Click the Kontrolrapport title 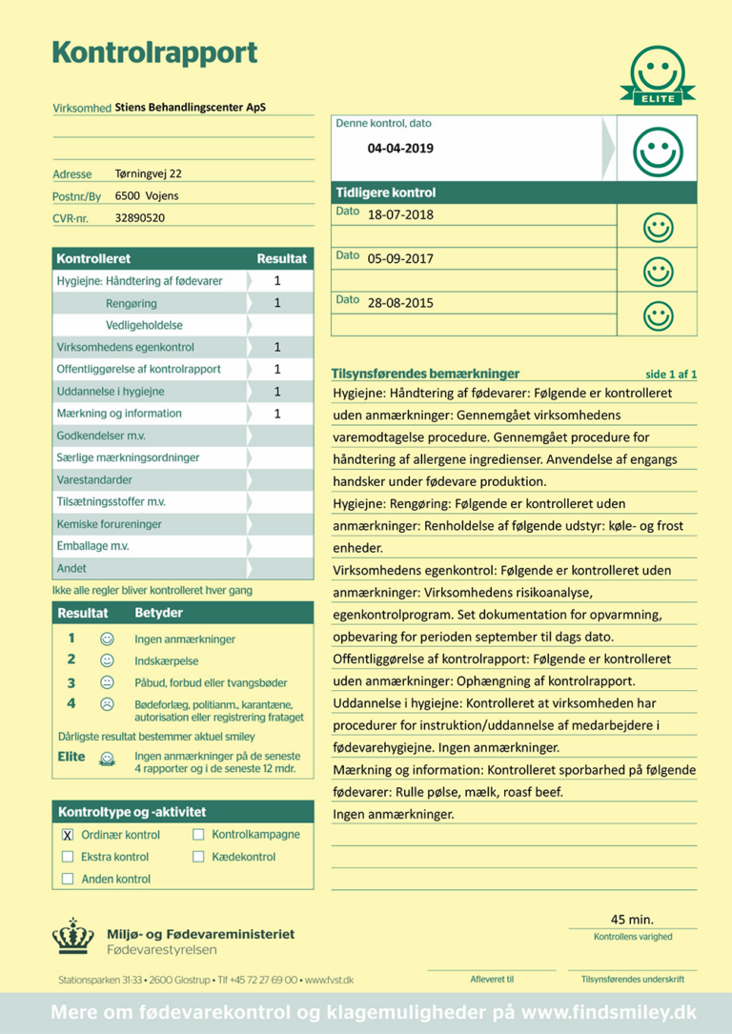(153, 52)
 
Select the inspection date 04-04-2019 (400, 148)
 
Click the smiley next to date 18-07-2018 (658, 227)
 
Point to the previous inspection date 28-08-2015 (400, 303)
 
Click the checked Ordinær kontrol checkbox (68, 834)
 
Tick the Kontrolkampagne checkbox (198, 834)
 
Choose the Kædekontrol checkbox (198, 857)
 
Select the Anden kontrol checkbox (68, 879)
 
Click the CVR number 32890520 (139, 217)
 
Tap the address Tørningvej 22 (148, 173)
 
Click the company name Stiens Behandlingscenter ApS (190, 108)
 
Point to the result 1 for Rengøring (277, 303)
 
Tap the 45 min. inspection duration (632, 919)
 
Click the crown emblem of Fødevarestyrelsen (72, 936)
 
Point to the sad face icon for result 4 (108, 704)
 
